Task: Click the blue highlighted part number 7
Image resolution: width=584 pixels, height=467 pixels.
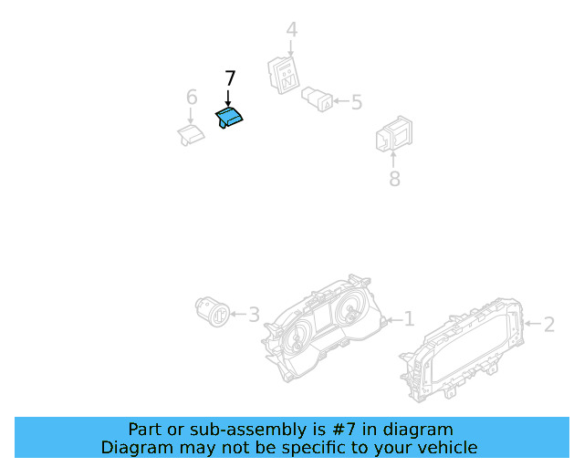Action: pos(229,117)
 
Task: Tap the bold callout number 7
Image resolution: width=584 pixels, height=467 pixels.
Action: pos(230,78)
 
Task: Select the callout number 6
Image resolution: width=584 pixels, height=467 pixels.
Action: pos(192,98)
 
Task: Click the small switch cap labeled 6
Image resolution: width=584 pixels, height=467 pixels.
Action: pos(191,135)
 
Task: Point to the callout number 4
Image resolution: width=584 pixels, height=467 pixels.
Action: pos(292,30)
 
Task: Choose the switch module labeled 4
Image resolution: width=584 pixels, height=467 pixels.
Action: pos(284,75)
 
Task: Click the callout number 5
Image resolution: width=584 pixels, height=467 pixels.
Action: pos(357,102)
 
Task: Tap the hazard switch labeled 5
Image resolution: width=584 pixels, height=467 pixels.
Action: pos(317,99)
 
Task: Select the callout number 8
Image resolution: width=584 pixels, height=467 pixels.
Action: pos(394,179)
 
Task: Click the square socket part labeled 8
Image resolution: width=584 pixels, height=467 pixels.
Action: pos(394,134)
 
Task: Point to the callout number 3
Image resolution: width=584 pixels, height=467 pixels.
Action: pos(254,315)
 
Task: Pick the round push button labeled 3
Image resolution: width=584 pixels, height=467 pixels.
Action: pos(213,311)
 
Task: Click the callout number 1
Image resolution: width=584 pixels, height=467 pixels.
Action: pos(409,319)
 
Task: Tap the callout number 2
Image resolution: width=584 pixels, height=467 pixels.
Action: pos(549,325)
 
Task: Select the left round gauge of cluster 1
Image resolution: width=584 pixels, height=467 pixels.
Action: pos(297,337)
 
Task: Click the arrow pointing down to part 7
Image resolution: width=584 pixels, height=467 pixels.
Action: pos(228,99)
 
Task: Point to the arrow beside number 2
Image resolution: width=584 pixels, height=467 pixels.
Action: pos(533,323)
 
